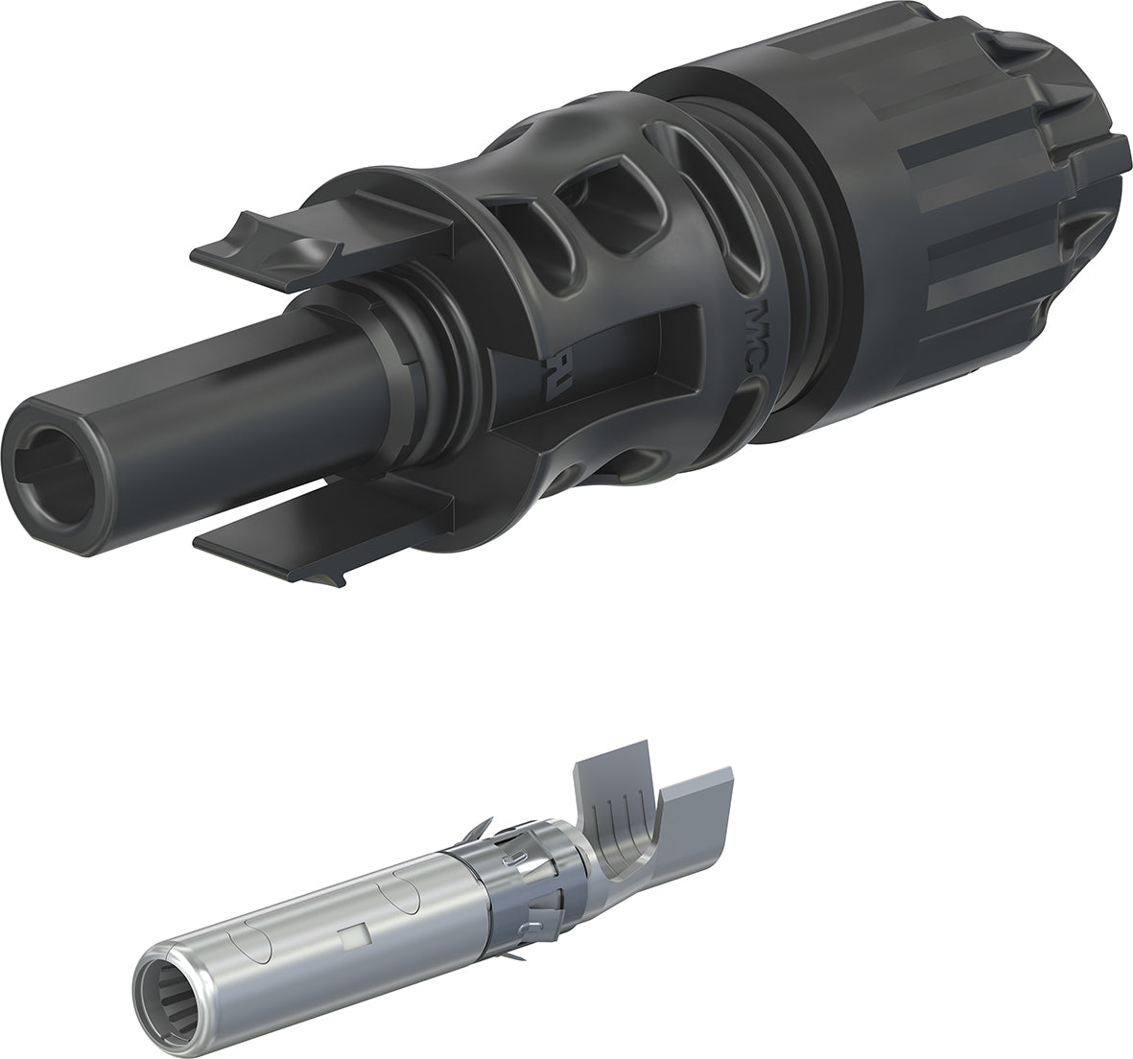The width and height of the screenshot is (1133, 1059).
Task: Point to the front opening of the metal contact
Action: (x=177, y=1008)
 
